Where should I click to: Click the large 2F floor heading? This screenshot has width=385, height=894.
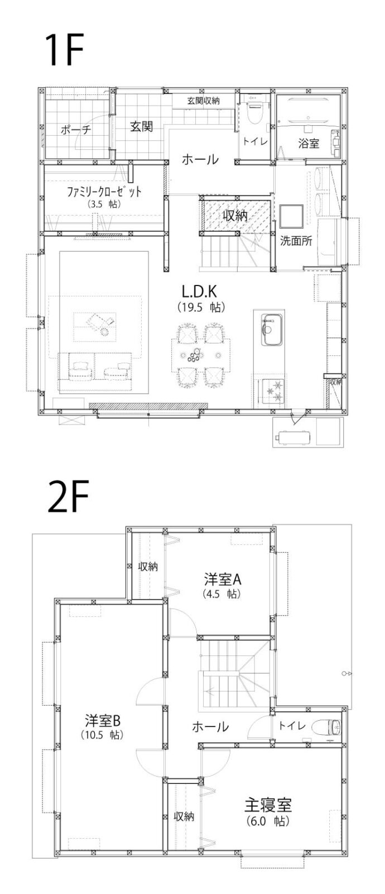click(x=68, y=497)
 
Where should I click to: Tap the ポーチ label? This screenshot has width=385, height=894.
click(x=76, y=129)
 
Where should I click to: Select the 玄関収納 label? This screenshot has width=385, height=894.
click(x=203, y=101)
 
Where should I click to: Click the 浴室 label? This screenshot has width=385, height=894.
click(x=309, y=143)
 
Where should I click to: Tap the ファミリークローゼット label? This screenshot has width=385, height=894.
click(x=104, y=192)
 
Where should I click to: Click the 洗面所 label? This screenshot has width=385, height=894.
click(x=296, y=241)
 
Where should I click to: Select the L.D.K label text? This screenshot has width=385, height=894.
click(x=199, y=292)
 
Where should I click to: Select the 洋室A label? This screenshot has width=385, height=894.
click(x=223, y=578)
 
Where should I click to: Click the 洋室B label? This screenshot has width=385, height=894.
click(x=103, y=720)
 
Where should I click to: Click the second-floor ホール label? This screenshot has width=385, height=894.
click(x=210, y=726)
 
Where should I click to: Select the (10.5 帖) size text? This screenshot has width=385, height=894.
click(x=102, y=734)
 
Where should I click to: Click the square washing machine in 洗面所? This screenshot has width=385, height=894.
click(x=291, y=216)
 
